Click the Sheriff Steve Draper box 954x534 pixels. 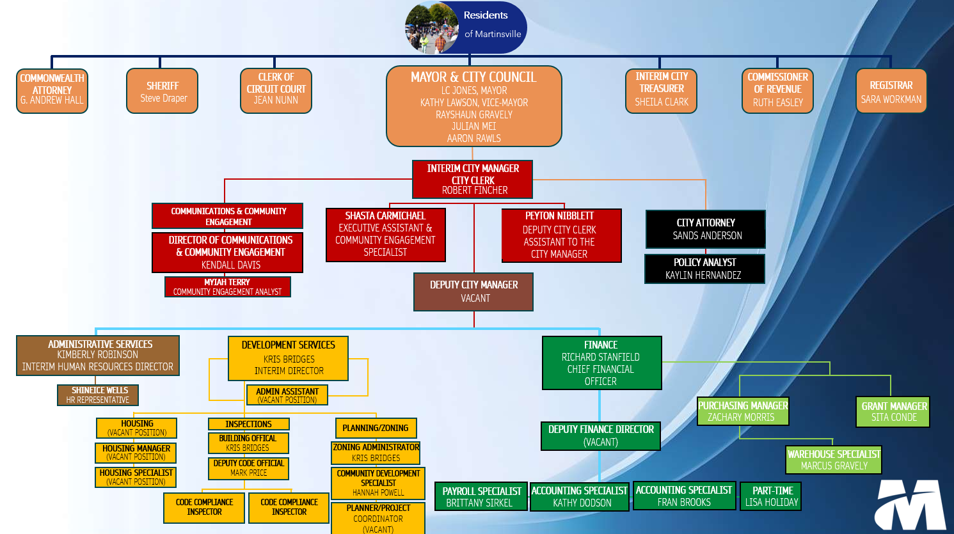tap(163, 91)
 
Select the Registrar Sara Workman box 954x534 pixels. tap(891, 91)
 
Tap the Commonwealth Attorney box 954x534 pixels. tap(52, 91)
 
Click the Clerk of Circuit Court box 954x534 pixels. tap(276, 91)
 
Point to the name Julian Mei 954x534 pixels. tap(473, 127)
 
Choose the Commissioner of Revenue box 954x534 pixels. tap(777, 91)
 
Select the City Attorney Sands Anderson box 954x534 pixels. tap(706, 229)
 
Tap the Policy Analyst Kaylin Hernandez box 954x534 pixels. tap(704, 269)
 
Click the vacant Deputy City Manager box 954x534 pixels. tap(473, 292)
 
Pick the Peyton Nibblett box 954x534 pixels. tap(561, 235)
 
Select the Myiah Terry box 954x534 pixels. tap(228, 287)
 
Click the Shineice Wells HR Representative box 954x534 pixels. tap(98, 395)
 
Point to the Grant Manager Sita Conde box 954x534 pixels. tap(893, 411)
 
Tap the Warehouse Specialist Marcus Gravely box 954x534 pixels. tap(834, 459)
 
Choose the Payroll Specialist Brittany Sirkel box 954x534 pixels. tap(481, 497)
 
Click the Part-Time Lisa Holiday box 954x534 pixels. tap(771, 496)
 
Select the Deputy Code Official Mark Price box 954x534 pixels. tap(248, 468)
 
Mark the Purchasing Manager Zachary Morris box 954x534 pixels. tap(743, 411)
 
